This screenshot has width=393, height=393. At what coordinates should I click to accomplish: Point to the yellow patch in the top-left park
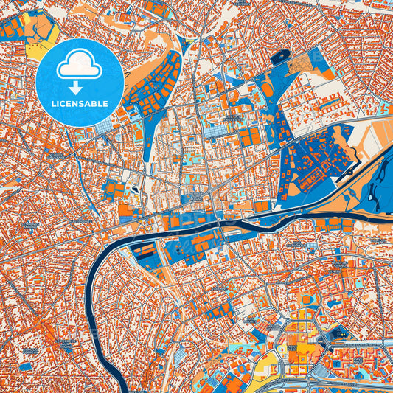pyautogui.click(x=37, y=50)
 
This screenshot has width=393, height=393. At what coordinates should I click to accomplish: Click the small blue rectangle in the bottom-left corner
pyautogui.click(x=27, y=366)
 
